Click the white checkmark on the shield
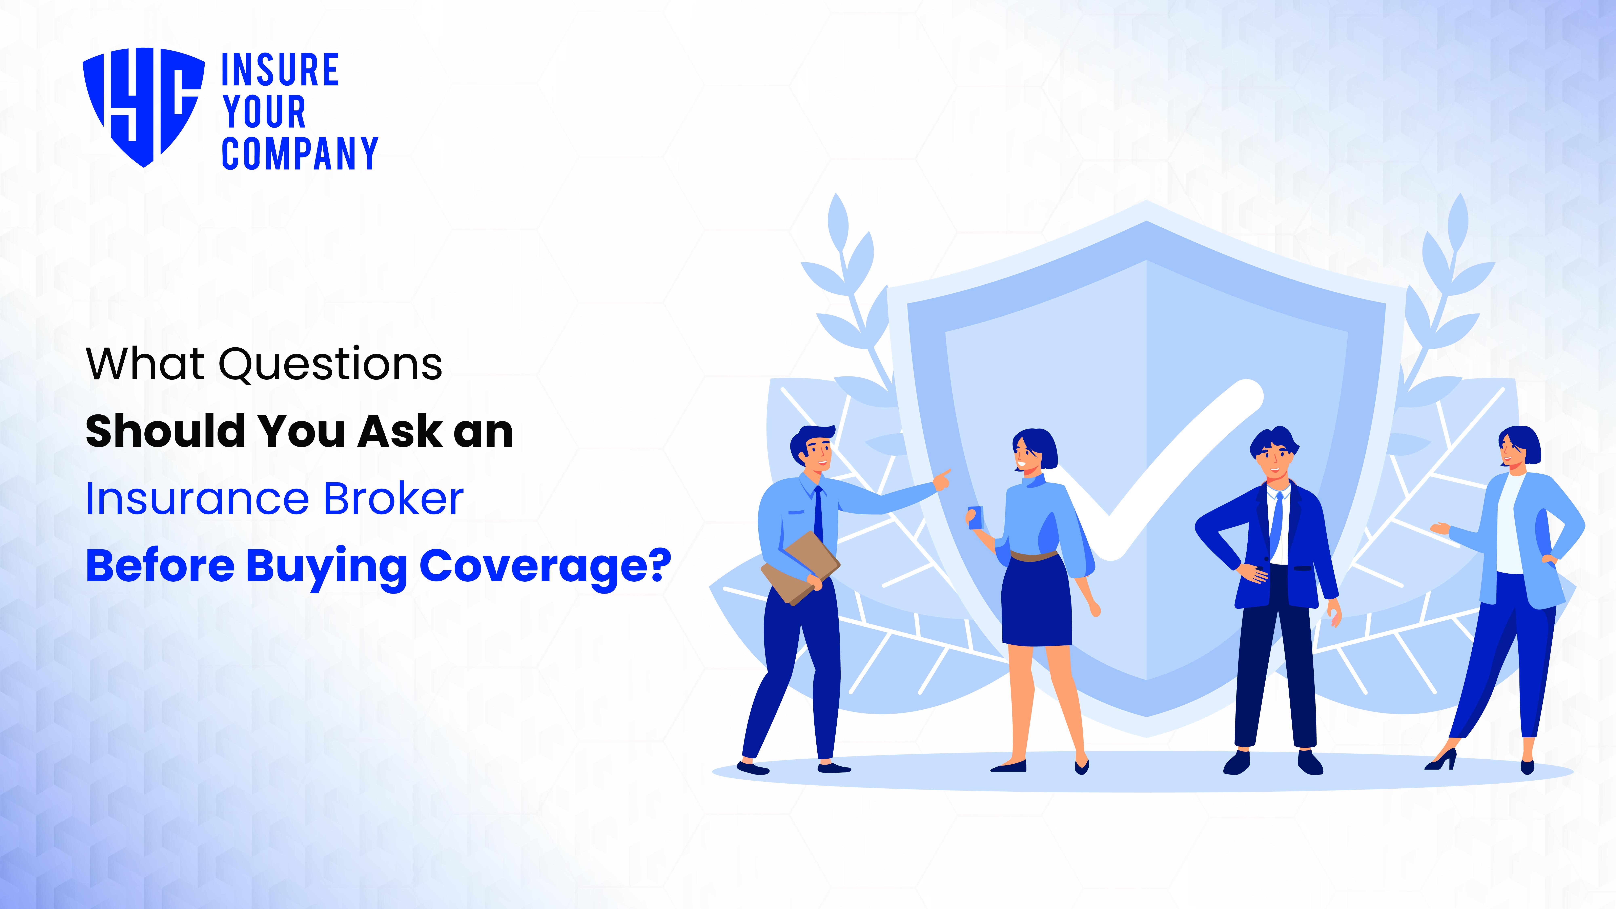coord(1167,471)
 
